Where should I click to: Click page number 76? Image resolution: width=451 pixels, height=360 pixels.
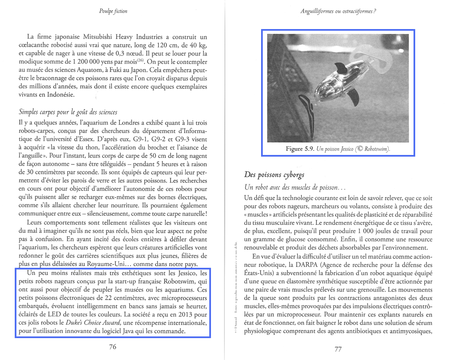tap(112, 347)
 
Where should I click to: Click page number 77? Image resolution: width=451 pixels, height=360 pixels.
tap(338, 349)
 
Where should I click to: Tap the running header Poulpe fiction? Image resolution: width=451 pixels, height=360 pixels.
tap(113, 11)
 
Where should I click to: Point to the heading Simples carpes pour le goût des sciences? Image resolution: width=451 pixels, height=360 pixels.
tap(68, 112)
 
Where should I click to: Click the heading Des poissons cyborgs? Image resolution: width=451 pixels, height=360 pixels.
tap(274, 174)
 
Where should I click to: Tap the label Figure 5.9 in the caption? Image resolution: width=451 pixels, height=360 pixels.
tap(300, 149)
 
